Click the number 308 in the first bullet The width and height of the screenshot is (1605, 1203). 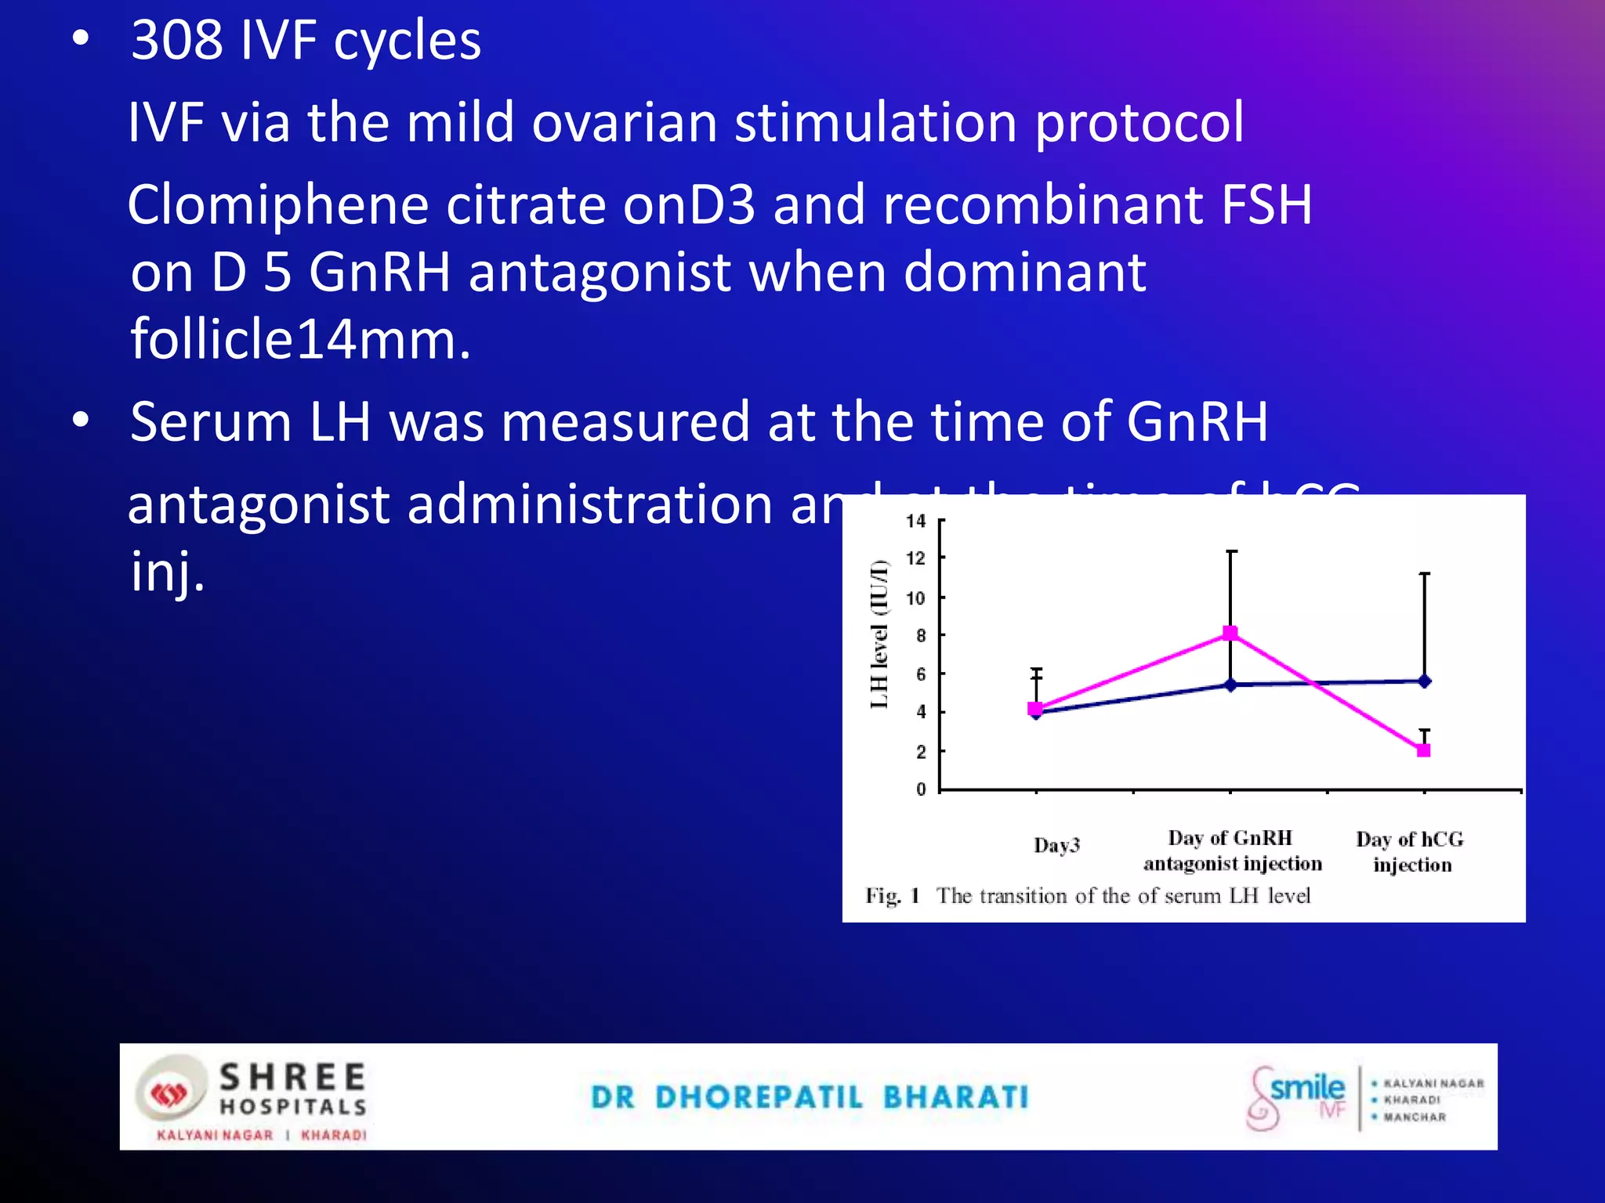(176, 41)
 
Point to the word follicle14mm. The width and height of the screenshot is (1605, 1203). (301, 340)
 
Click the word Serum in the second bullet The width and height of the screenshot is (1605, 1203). (210, 422)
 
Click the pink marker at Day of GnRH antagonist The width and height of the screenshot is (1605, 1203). (1230, 633)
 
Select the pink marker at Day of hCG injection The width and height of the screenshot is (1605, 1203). (1424, 750)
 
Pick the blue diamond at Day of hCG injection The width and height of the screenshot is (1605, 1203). (1425, 681)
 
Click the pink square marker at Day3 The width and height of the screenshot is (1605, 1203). (1035, 708)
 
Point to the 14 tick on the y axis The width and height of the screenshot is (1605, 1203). (915, 521)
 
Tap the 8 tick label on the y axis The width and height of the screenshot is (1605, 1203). (920, 635)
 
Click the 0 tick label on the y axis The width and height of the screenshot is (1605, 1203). (921, 789)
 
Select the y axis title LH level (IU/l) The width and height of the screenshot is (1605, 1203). (880, 634)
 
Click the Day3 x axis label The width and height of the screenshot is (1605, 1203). (1056, 845)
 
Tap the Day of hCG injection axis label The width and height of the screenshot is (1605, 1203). (1411, 852)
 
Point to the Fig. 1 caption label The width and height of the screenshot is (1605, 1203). (892, 895)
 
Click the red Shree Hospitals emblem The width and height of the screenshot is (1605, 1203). (168, 1093)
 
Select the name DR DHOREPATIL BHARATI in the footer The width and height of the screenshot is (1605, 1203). (810, 1097)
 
